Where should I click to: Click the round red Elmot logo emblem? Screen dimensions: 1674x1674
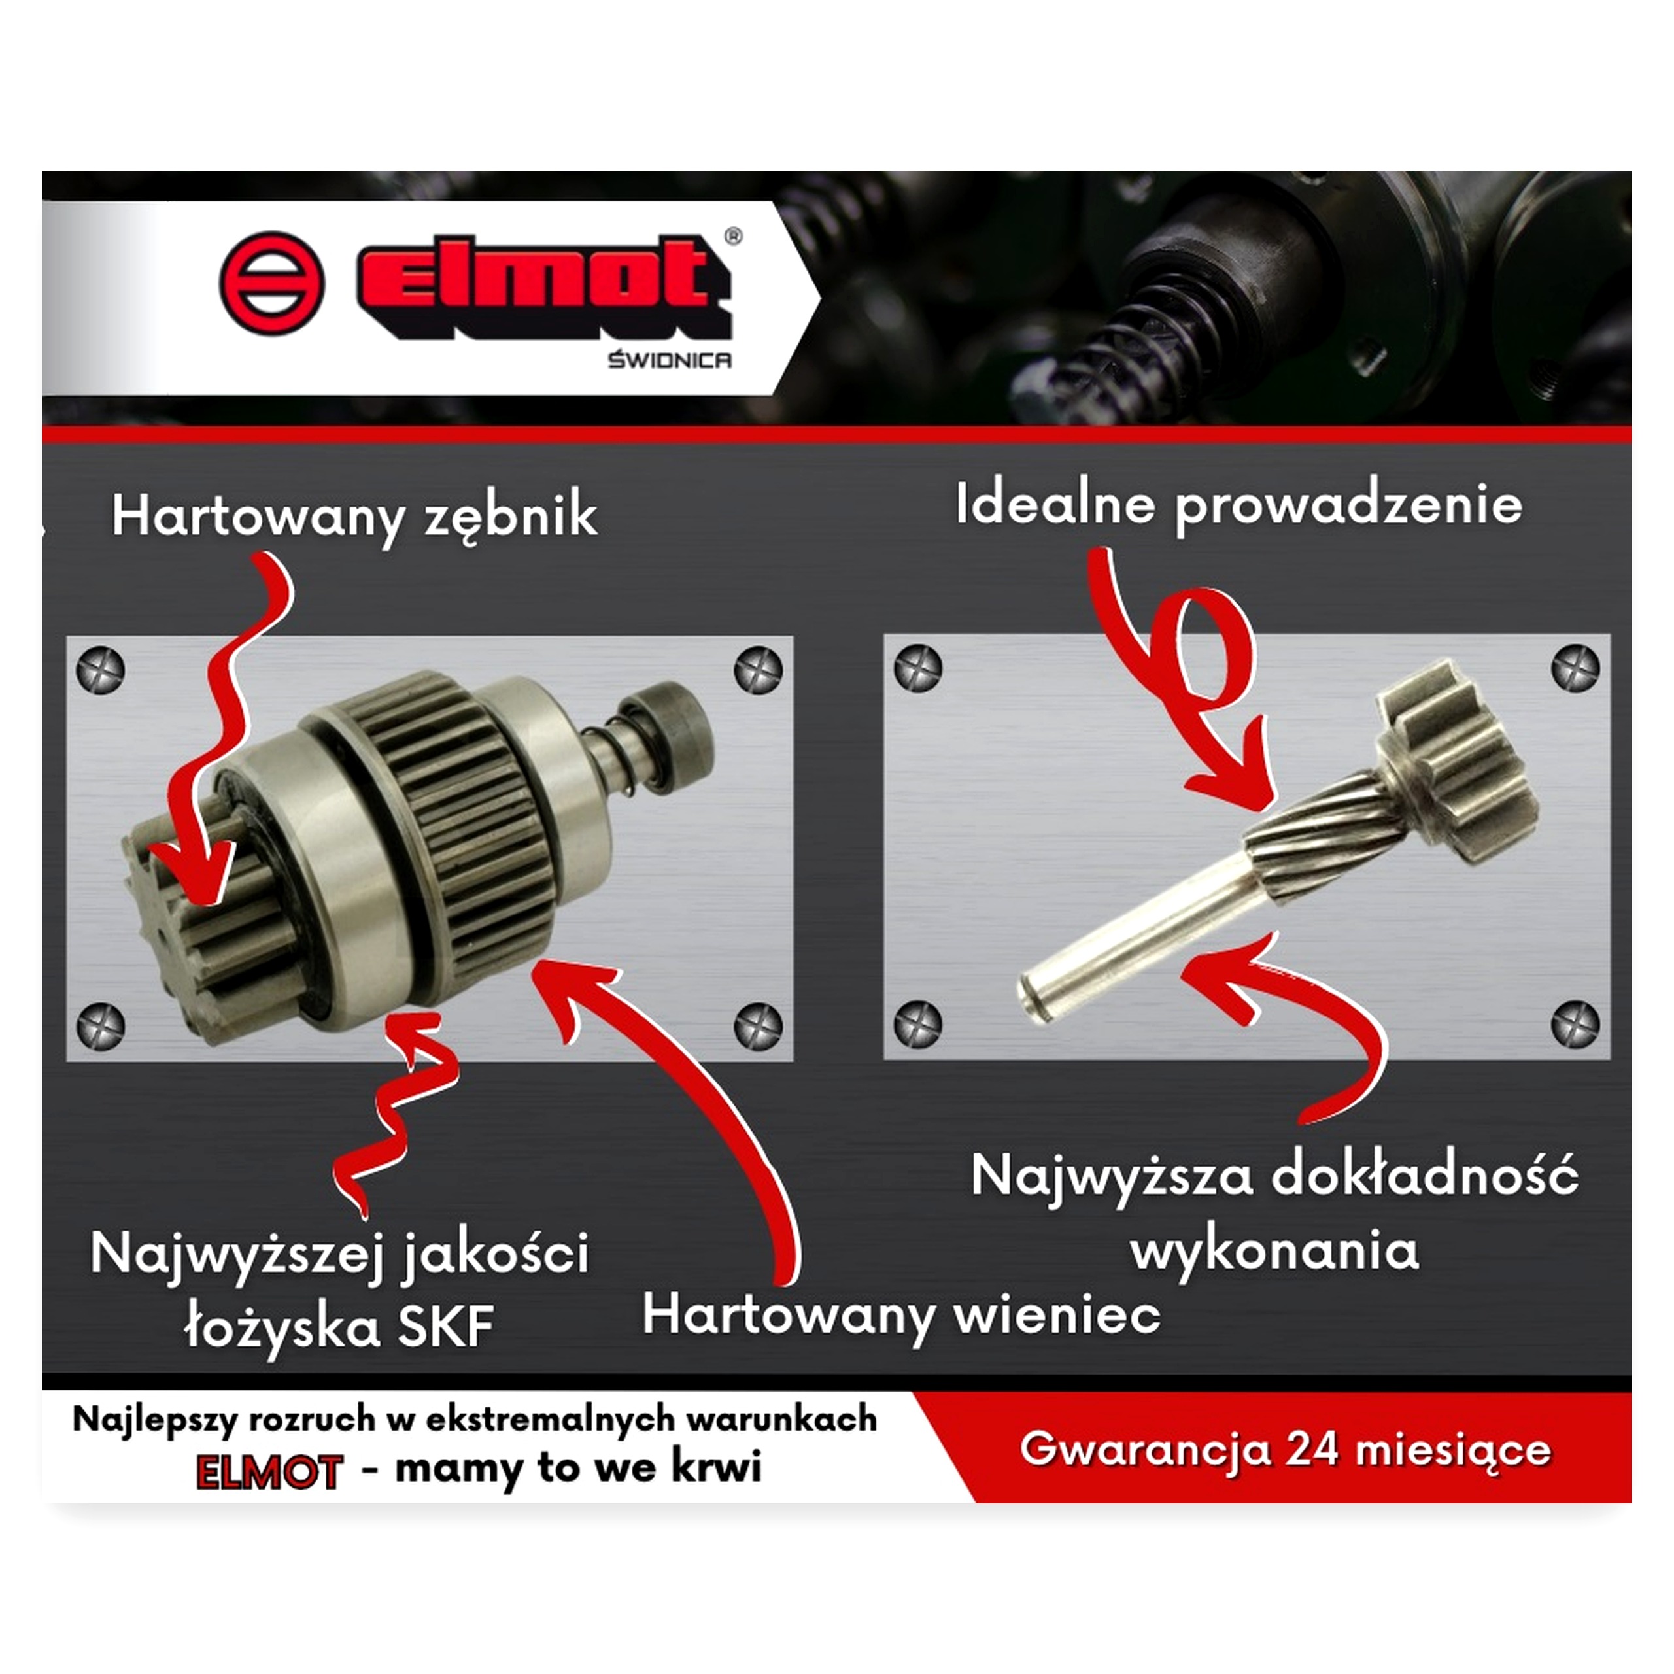click(272, 282)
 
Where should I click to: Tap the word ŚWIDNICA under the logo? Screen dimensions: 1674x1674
click(669, 360)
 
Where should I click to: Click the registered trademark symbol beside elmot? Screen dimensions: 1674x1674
click(733, 235)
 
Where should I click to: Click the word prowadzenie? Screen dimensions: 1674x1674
click(1349, 506)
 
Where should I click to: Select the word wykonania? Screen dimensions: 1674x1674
click(1274, 1251)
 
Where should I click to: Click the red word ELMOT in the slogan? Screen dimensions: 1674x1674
click(269, 1472)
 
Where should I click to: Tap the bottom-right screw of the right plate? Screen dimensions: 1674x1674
click(1575, 1023)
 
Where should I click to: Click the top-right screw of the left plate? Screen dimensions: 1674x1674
click(758, 669)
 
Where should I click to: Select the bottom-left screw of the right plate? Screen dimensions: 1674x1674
click(917, 1024)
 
